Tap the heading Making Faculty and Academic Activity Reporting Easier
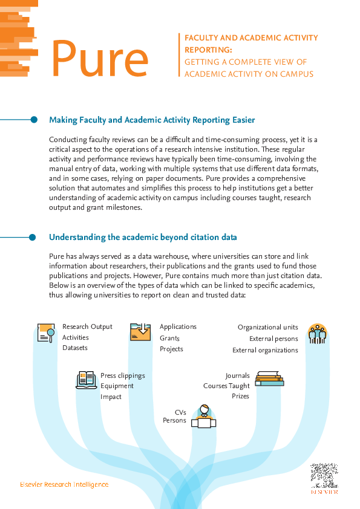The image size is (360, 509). point(152,120)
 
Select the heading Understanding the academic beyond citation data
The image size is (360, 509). point(143,237)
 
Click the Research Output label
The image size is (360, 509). point(88,326)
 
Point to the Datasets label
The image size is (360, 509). point(75,348)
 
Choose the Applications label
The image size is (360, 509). point(178,326)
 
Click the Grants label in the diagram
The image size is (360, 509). point(170,338)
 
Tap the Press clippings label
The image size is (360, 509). point(123,375)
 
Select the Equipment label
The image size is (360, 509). point(117,386)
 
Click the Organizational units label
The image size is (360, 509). point(267,327)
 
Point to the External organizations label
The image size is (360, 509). point(265,350)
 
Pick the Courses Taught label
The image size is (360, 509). point(226,386)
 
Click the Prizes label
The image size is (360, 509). point(241,397)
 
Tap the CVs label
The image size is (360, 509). point(180,411)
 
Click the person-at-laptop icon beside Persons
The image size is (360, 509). point(203,417)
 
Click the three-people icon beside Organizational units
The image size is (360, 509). point(316,333)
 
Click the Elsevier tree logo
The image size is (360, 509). point(323,476)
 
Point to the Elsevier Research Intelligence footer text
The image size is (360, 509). point(64,484)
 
